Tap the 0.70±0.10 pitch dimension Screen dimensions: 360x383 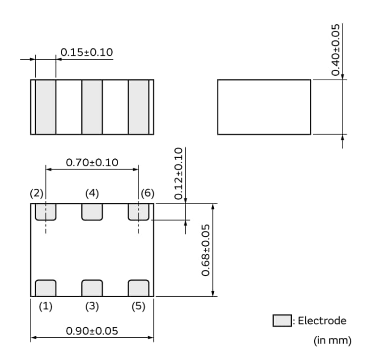pos(92,162)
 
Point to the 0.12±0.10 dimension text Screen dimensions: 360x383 pos(179,174)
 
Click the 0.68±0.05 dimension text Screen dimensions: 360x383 pos(206,250)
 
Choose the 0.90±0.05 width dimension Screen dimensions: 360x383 pos(92,331)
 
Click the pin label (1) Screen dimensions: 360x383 pos(46,307)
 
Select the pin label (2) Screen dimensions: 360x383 pos(37,193)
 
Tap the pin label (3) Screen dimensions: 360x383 pos(92,307)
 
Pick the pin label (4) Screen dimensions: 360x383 pos(92,193)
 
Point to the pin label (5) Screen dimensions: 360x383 pos(138,307)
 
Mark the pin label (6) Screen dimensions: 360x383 pos(147,193)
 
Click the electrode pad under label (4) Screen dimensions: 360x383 pos(92,212)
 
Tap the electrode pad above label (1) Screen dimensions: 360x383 pos(46,288)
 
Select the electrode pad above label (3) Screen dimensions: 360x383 pos(92,288)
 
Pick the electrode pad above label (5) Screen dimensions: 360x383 pos(138,288)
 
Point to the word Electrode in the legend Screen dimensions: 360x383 pos(322,321)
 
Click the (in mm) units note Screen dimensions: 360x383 pos(332,341)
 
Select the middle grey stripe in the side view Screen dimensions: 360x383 pos(92,106)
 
